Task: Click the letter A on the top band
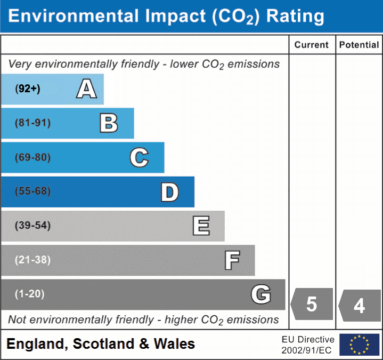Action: pos(86,89)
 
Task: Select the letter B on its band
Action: pos(109,123)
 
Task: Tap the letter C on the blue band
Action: pos(139,158)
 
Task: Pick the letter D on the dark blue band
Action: pos(169,192)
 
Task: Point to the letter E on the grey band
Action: pos(201,226)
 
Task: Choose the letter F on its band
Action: pos(232,260)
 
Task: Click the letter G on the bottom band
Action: pos(261,294)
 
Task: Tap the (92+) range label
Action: pos(28,89)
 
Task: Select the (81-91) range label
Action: pos(32,123)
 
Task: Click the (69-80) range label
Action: pos(32,158)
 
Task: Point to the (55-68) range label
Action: pos(32,191)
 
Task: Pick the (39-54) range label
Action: pos(32,226)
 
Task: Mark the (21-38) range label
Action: pos(32,260)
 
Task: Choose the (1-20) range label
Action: pos(30,294)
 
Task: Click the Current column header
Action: pos(312,45)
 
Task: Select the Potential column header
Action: pos(359,45)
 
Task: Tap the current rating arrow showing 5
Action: pos(312,304)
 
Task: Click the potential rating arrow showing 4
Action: pos(360,305)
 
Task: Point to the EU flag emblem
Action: pos(360,345)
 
